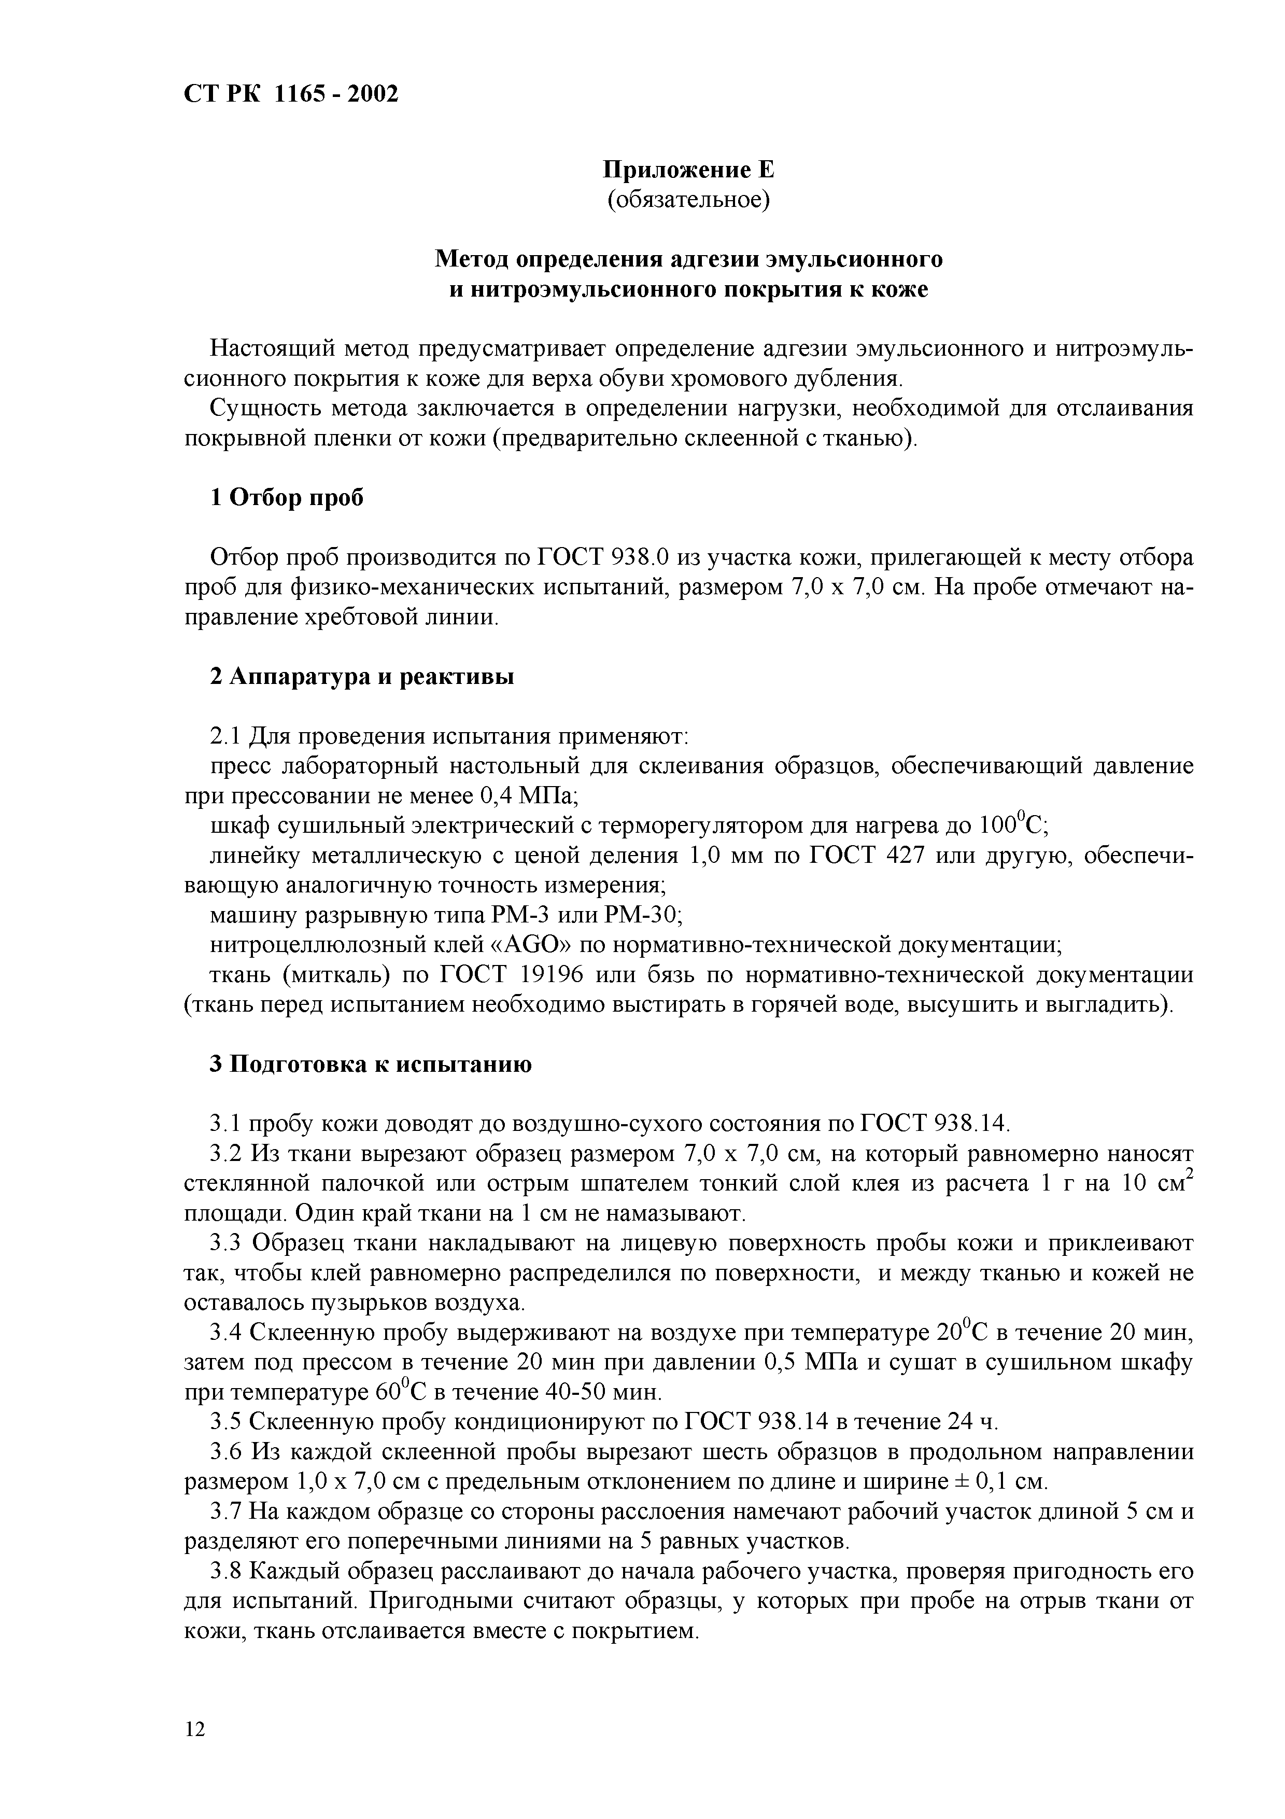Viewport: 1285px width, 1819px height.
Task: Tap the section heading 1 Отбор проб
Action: click(287, 498)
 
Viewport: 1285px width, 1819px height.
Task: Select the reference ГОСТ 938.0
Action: click(603, 558)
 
